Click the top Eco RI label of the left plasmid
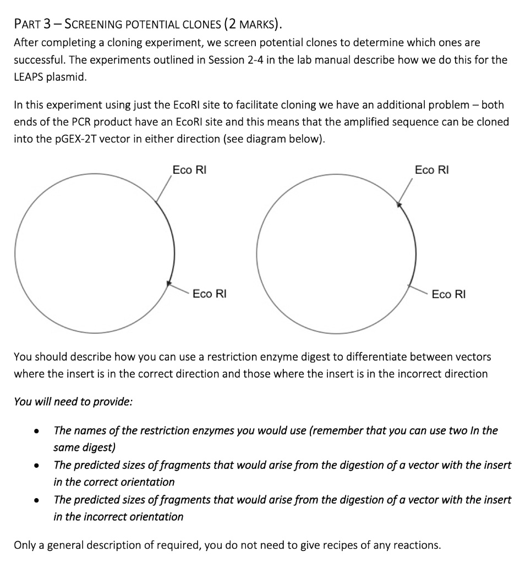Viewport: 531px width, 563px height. coord(189,170)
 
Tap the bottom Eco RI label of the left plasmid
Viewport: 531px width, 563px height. coord(209,294)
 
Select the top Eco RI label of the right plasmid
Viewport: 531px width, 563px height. coord(431,170)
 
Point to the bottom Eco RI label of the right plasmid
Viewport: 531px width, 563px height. coord(448,294)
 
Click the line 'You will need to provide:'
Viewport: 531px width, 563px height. coord(73,401)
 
